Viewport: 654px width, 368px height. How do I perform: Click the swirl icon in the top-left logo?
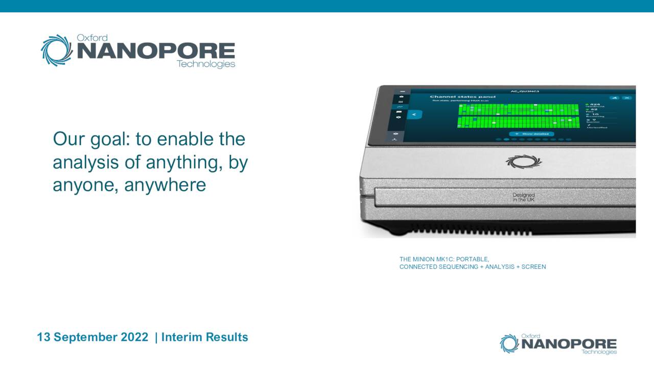coord(57,50)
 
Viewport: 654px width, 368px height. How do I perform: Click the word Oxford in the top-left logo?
coord(91,38)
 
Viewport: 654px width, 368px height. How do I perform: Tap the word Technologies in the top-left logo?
coord(205,64)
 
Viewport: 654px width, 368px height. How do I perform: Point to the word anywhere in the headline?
coord(165,185)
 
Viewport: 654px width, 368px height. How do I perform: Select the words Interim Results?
coord(204,337)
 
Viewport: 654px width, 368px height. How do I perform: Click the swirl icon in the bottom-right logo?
coord(509,343)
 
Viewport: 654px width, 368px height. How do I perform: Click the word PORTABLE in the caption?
coord(472,259)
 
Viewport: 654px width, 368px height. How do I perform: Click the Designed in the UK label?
coord(523,197)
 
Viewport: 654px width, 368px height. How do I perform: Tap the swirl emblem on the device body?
coord(523,162)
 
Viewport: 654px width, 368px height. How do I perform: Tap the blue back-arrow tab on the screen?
coord(414,114)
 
